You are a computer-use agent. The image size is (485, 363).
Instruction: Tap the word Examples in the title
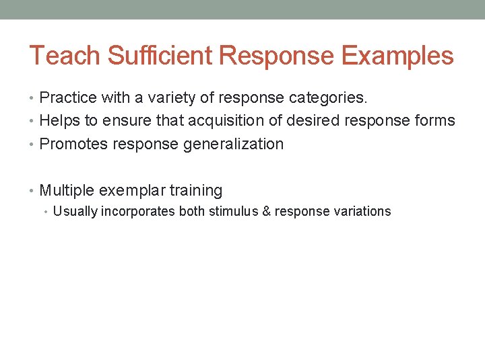coord(397,56)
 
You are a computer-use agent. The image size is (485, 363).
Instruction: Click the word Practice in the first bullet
coord(68,98)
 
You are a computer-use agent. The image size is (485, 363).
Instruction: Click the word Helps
coord(59,121)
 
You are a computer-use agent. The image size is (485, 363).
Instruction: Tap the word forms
coord(435,121)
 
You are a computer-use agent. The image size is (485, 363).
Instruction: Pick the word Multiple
coord(67,191)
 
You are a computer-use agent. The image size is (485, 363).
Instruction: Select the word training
coord(196,191)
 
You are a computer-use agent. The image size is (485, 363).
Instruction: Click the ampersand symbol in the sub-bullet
coord(266,212)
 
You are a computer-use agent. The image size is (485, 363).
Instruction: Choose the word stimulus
coord(233,212)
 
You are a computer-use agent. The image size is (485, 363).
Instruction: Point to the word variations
coord(362,212)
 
